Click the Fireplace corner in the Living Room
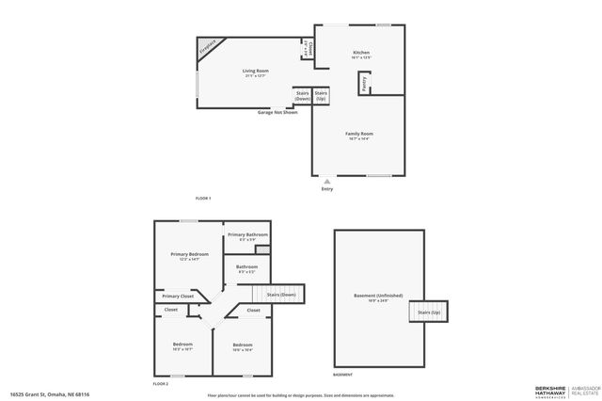coord(206,48)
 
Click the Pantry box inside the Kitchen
coord(364,84)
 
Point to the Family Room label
coord(359,136)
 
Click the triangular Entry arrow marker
coord(326,180)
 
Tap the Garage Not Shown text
coord(277,112)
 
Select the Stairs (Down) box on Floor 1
coord(303,95)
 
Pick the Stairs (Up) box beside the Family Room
coord(321,95)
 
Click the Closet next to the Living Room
coord(308,50)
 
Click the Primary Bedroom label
coord(189,256)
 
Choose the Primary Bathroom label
coord(247,236)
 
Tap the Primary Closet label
coord(179,296)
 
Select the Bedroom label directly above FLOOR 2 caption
coord(182,346)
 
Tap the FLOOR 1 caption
coord(203,198)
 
